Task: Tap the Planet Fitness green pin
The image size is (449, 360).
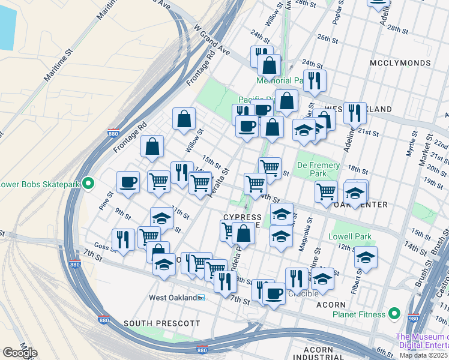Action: pos(394,313)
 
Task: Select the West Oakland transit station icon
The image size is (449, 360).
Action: pos(202,298)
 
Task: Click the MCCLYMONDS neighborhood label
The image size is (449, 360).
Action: pos(400,63)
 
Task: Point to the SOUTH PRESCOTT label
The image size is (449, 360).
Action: pos(161,323)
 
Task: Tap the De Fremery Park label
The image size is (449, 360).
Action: pos(319,170)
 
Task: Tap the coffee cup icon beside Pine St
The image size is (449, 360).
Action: pos(128,182)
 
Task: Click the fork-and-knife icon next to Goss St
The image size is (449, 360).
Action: pos(123,240)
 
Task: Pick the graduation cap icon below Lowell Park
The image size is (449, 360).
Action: pos(366,257)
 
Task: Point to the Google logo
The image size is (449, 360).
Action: pos(20,353)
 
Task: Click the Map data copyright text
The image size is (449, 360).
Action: pos(424,355)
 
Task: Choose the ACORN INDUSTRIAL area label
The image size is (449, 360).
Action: pos(318,354)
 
